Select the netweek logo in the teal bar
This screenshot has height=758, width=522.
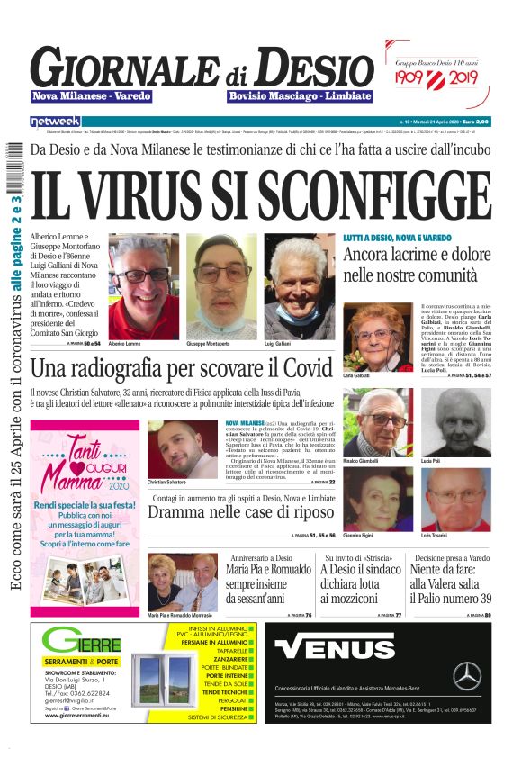pyautogui.click(x=55, y=121)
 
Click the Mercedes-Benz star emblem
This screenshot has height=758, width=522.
pyautogui.click(x=466, y=674)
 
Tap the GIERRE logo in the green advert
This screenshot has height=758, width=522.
pyautogui.click(x=81, y=645)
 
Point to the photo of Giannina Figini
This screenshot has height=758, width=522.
pyautogui.click(x=379, y=500)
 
